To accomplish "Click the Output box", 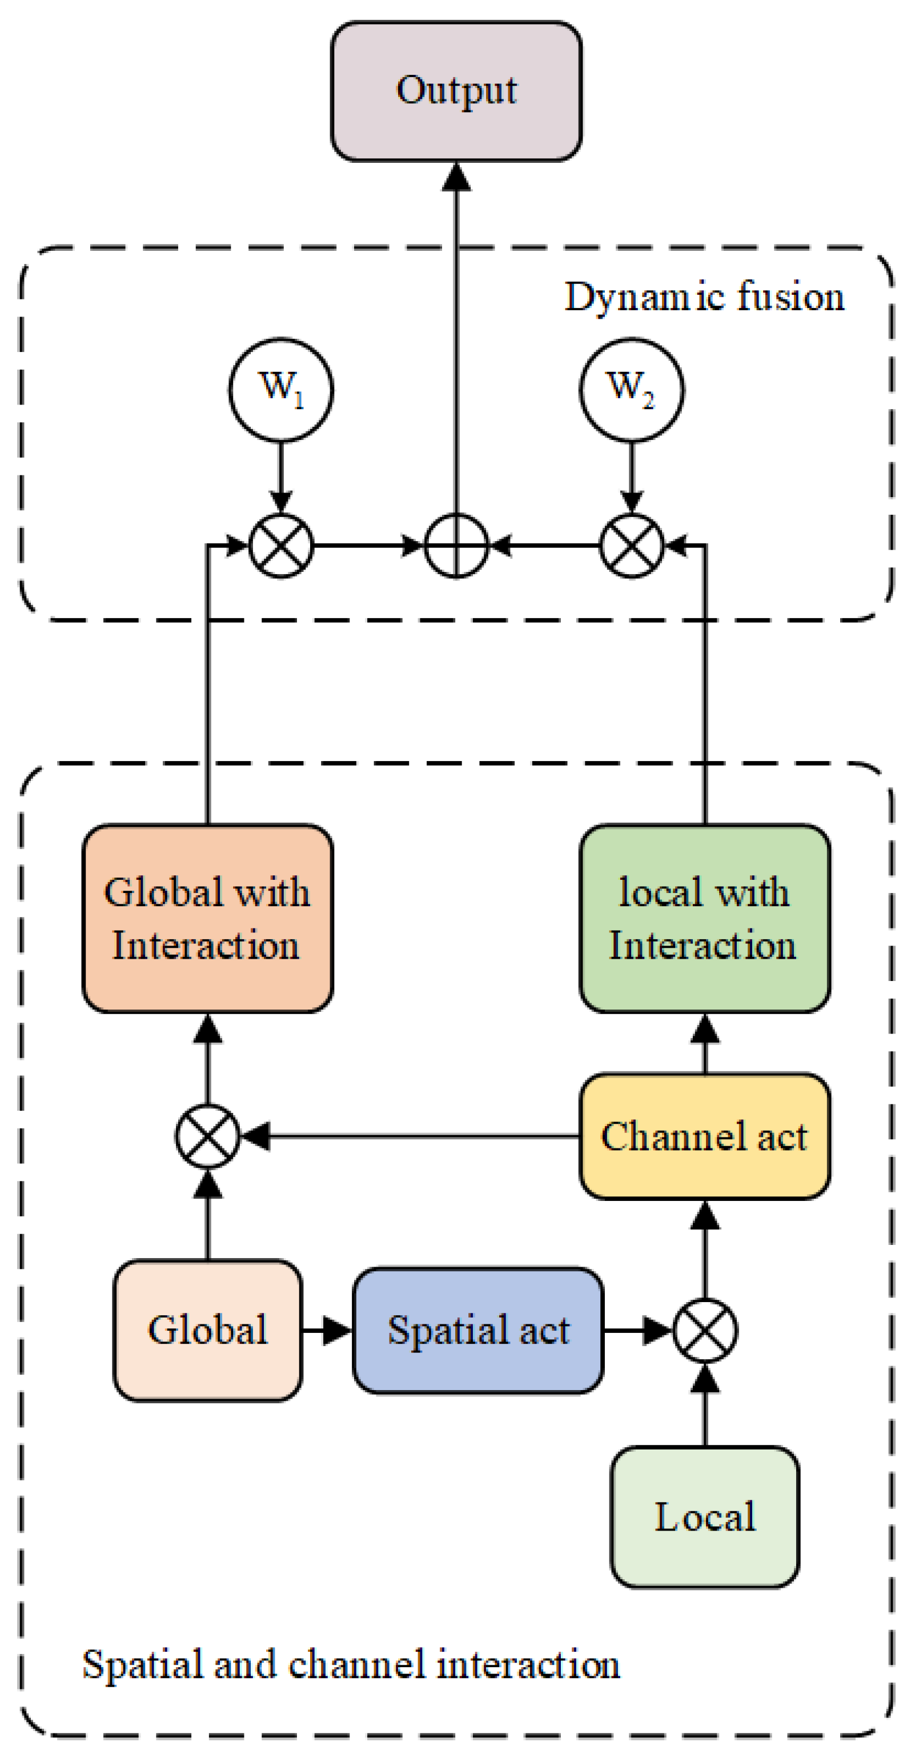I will [x=456, y=91].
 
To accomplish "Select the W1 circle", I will [x=280, y=389].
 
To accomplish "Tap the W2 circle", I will [x=631, y=389].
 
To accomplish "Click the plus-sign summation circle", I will [x=456, y=546].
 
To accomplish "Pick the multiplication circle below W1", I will [x=280, y=546].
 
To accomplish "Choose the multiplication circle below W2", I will [x=631, y=546].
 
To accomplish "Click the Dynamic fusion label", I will [x=704, y=298].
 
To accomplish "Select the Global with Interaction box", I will [x=207, y=918].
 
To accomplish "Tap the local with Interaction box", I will [x=704, y=918].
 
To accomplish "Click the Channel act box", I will [x=704, y=1136].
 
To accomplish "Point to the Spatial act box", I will [x=478, y=1331].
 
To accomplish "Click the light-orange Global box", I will [x=207, y=1331].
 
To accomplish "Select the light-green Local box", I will [x=704, y=1516].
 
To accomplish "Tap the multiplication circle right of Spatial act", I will [x=704, y=1331].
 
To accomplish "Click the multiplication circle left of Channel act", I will [x=207, y=1136].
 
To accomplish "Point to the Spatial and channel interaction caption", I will [x=351, y=1664].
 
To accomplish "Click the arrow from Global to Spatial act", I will [x=326, y=1331].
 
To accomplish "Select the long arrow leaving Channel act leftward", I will [x=410, y=1136].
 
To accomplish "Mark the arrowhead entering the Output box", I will [x=456, y=177].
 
